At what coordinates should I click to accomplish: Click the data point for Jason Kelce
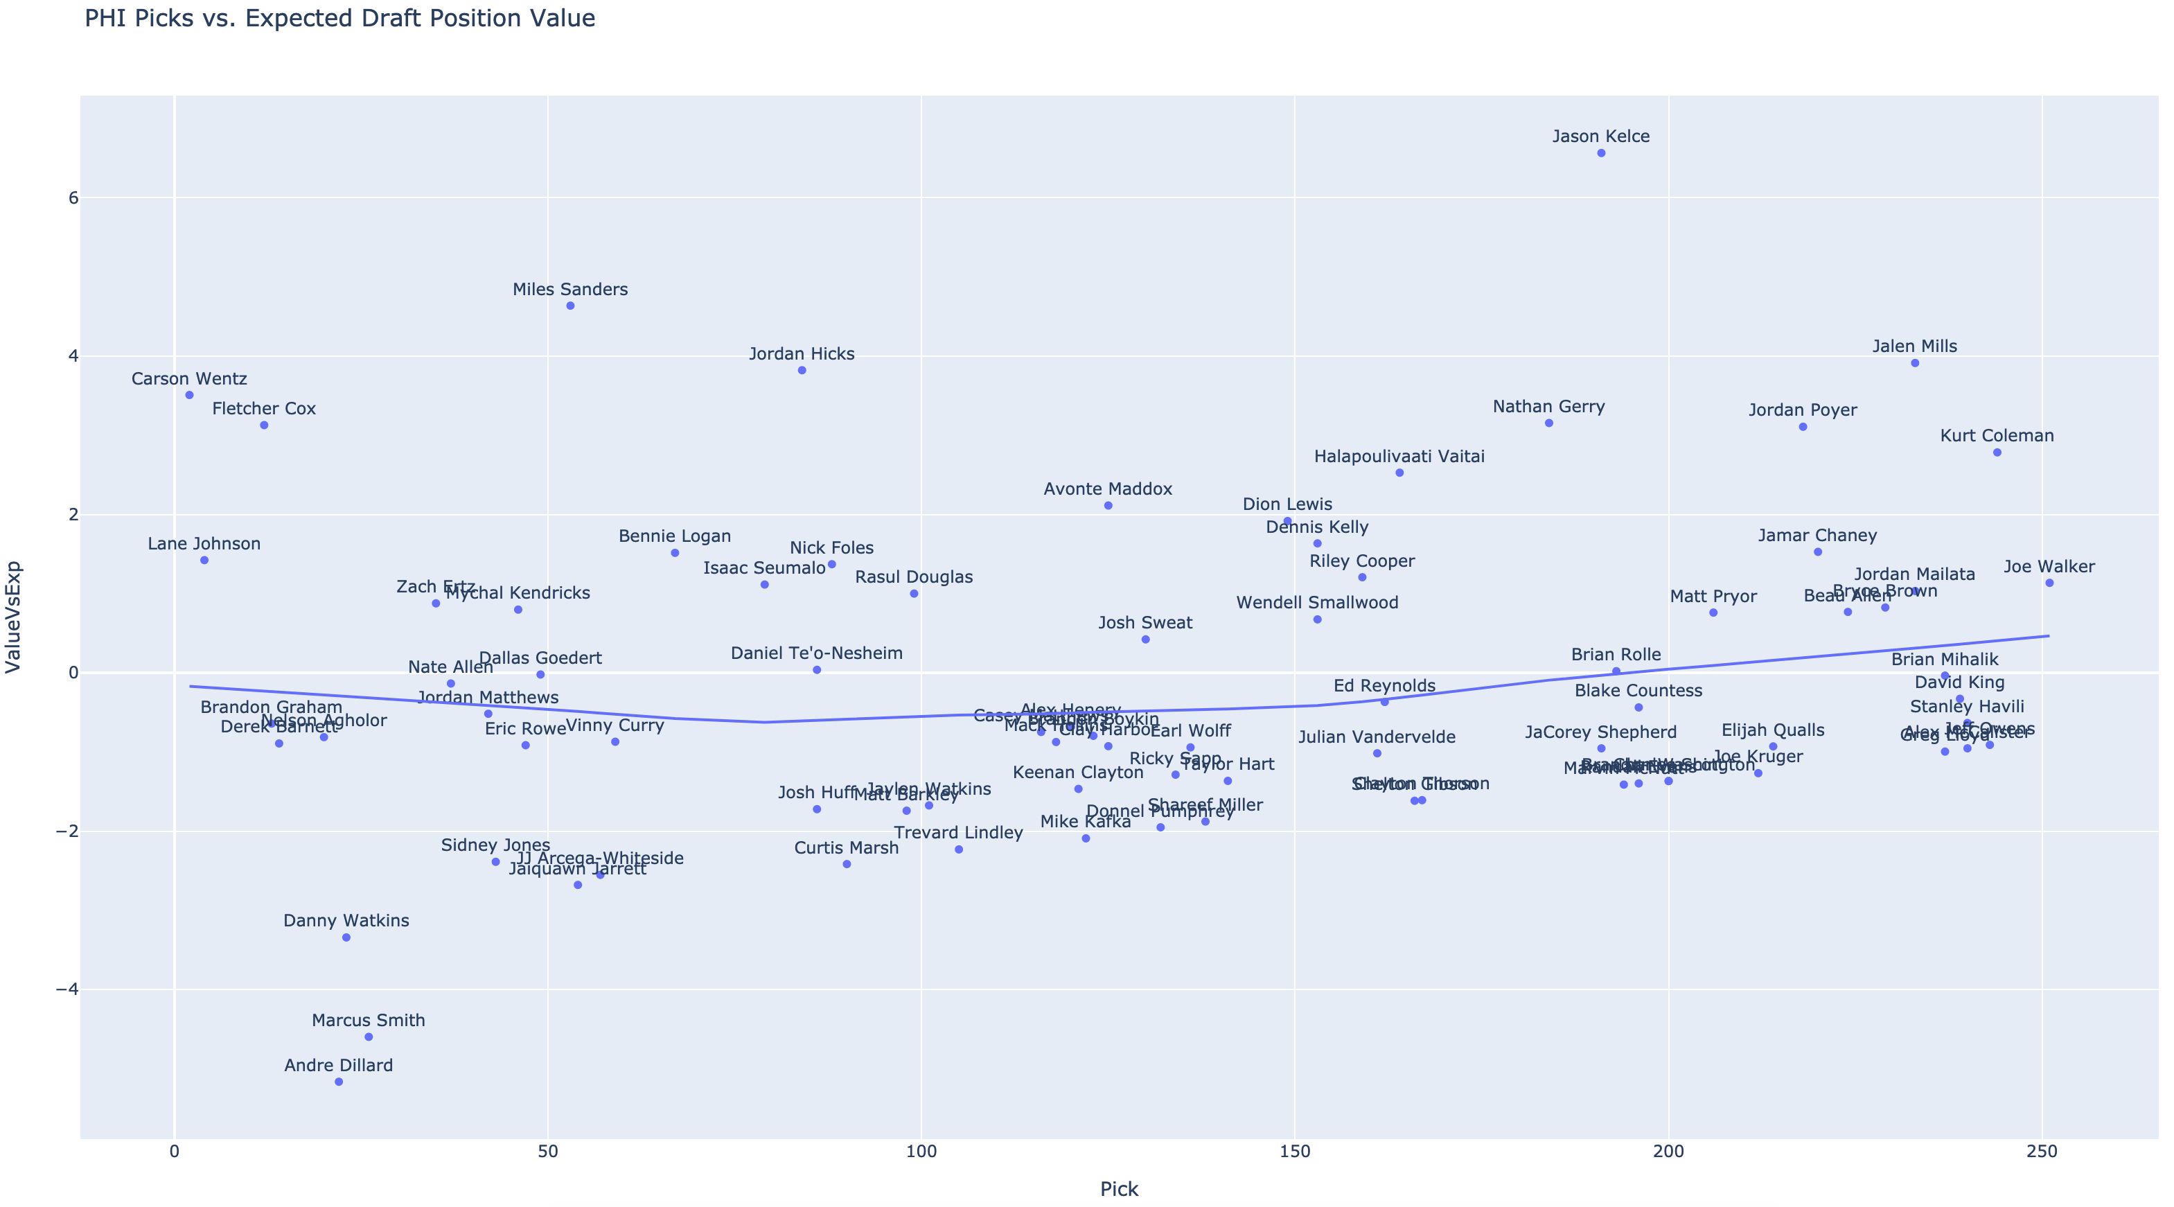tap(1601, 152)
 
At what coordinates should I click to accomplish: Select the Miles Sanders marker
tap(570, 306)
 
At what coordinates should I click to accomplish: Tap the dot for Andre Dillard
tap(338, 1081)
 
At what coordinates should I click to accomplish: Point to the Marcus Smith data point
tap(368, 1037)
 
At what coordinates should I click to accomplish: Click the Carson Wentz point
tap(189, 395)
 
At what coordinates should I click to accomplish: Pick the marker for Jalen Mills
tap(1915, 363)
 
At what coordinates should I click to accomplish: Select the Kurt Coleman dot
tap(1997, 452)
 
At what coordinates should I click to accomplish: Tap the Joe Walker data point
tap(2049, 583)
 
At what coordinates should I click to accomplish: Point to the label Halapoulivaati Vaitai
tap(1399, 457)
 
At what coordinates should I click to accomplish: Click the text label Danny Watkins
tap(346, 921)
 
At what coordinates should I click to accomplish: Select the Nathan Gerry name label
tap(1548, 407)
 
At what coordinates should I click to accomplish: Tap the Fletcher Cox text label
tap(264, 409)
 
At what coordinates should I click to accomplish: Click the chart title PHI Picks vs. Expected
tap(340, 19)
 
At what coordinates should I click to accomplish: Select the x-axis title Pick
tap(1119, 1189)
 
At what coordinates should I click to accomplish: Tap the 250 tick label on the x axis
tap(2042, 1152)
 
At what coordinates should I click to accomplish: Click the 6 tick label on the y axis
tap(73, 197)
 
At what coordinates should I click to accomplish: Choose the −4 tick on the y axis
tap(67, 989)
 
